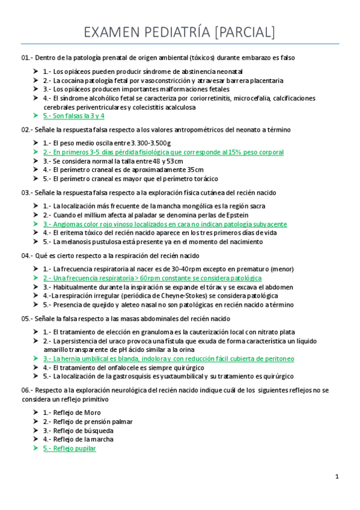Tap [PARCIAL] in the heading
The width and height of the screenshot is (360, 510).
coord(244,32)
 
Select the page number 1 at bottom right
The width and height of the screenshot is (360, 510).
coord(337,476)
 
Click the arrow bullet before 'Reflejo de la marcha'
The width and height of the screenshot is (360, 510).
coord(35,439)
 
